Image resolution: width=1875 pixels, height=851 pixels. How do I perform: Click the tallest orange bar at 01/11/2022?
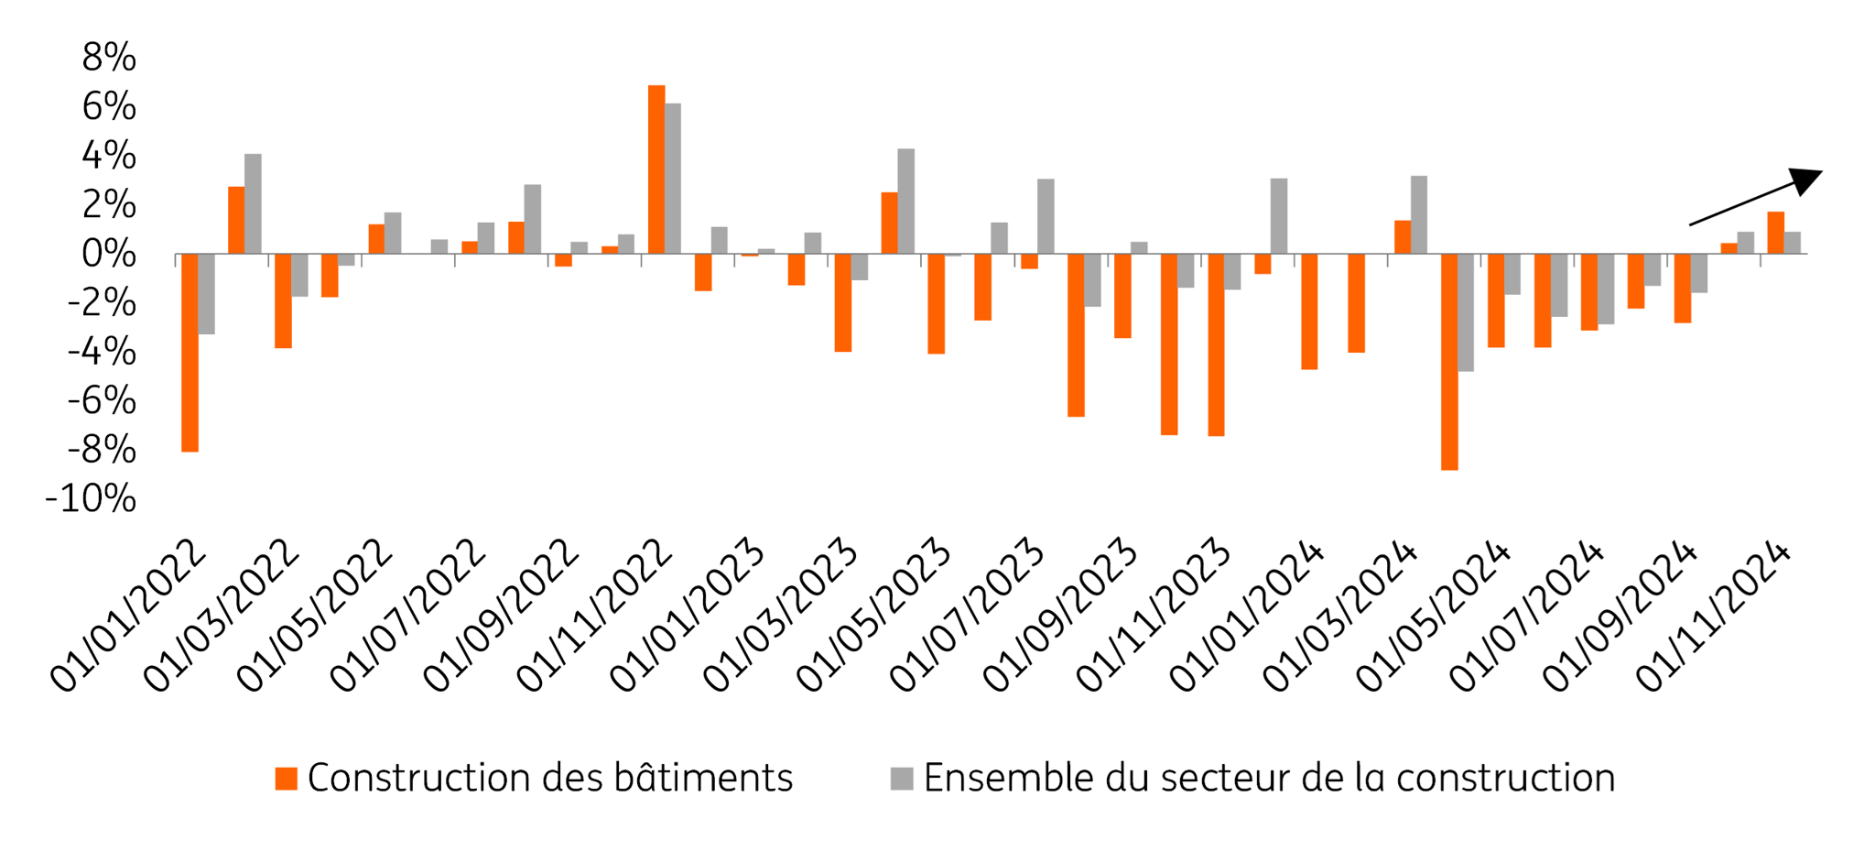pyautogui.click(x=656, y=169)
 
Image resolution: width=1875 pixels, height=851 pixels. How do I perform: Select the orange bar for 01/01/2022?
pyautogui.click(x=190, y=353)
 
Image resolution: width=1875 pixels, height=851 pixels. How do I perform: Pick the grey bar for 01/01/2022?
pyautogui.click(x=206, y=294)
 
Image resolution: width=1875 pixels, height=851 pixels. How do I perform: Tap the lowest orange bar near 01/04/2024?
pyautogui.click(x=1449, y=362)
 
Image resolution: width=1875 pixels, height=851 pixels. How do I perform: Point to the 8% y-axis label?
pyautogui.click(x=109, y=58)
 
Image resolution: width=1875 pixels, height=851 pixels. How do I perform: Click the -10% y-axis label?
pyautogui.click(x=91, y=499)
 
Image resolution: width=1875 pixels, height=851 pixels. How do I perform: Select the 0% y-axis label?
pyautogui.click(x=109, y=254)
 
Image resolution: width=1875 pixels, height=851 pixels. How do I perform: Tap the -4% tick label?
pyautogui.click(x=102, y=352)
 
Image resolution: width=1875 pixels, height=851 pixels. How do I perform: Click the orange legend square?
pyautogui.click(x=287, y=779)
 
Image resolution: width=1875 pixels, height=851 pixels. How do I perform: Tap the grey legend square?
pyautogui.click(x=902, y=779)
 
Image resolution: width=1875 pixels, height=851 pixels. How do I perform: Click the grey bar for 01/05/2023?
pyautogui.click(x=905, y=202)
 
